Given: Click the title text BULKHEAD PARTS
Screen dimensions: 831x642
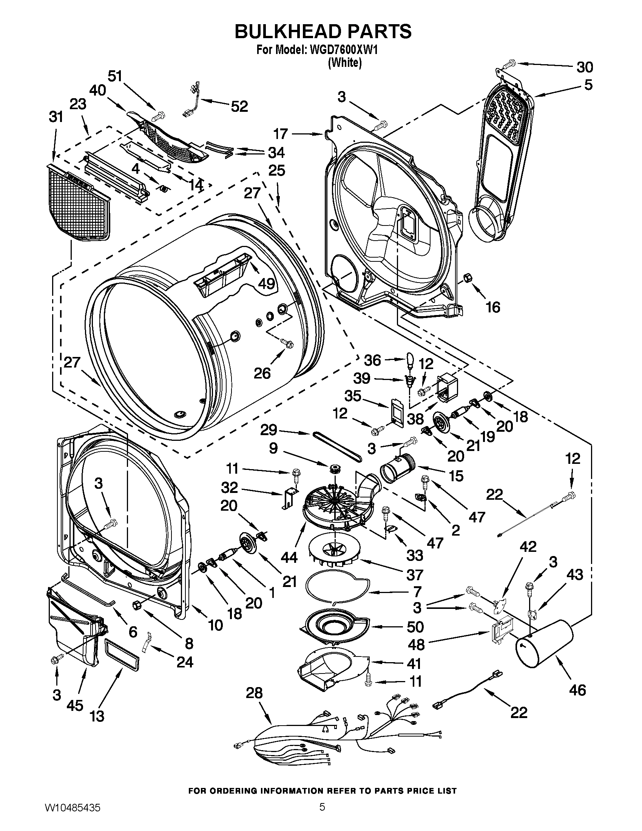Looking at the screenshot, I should click(x=323, y=31).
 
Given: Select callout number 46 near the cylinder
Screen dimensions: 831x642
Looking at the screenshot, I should click(x=577, y=689).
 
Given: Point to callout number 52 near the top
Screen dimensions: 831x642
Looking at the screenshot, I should click(x=239, y=106).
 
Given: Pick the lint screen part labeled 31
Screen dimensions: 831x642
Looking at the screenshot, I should click(x=78, y=204).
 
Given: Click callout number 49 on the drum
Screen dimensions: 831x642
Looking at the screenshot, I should click(x=266, y=283).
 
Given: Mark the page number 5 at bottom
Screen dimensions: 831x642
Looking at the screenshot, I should click(x=322, y=816).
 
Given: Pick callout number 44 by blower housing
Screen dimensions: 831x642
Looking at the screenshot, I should click(x=289, y=558).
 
